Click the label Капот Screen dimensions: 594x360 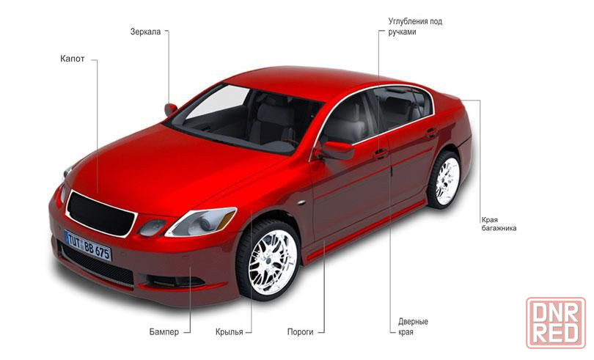[x=73, y=59]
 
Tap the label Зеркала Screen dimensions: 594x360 [x=145, y=32]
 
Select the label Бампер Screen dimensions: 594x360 [x=164, y=332]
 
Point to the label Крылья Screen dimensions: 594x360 [x=230, y=332]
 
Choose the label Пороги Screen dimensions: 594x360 [x=300, y=332]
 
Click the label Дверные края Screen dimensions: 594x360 [x=413, y=327]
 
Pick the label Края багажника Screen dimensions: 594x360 [x=499, y=224]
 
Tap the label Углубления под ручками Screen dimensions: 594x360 [x=415, y=26]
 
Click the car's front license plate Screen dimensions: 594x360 [x=88, y=246]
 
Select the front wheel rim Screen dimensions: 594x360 [x=272, y=262]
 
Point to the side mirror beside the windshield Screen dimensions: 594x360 [x=170, y=109]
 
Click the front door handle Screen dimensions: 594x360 [x=381, y=153]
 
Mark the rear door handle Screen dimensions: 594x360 [x=431, y=133]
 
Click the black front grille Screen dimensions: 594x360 [x=100, y=214]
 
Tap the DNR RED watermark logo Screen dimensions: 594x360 [x=556, y=323]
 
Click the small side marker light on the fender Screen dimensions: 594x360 [x=301, y=202]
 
